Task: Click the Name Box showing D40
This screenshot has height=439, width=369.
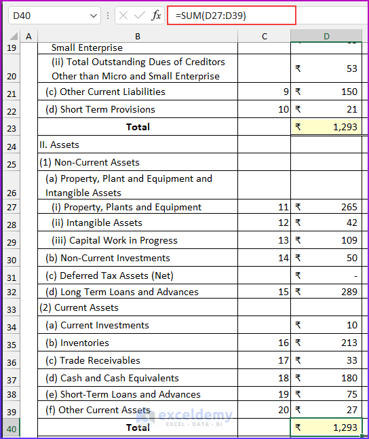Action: tap(47, 15)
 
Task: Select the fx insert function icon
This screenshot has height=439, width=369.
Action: tap(156, 15)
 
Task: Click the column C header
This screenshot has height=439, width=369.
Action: tap(264, 35)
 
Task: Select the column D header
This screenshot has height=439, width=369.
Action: tap(326, 35)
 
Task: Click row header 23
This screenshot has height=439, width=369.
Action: tap(11, 128)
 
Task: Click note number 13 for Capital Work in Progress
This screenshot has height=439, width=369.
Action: tap(284, 240)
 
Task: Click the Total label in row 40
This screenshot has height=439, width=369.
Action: tap(138, 427)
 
